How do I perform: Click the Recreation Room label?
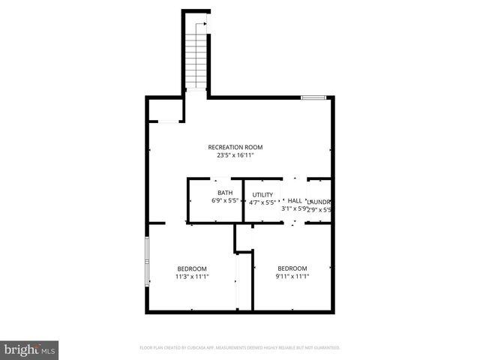(x=235, y=147)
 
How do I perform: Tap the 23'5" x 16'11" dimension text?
(x=235, y=156)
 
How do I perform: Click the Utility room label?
(x=262, y=194)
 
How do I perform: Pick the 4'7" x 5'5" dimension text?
(x=262, y=202)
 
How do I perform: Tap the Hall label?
(x=295, y=200)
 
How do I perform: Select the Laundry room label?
(x=319, y=202)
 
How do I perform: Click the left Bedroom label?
(x=192, y=268)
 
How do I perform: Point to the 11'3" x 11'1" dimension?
(x=192, y=277)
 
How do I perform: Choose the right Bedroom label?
(x=292, y=268)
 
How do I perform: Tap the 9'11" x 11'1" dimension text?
(x=292, y=277)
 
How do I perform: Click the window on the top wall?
(x=313, y=97)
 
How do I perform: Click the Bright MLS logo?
(x=29, y=349)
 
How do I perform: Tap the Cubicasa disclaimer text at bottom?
(x=240, y=348)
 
